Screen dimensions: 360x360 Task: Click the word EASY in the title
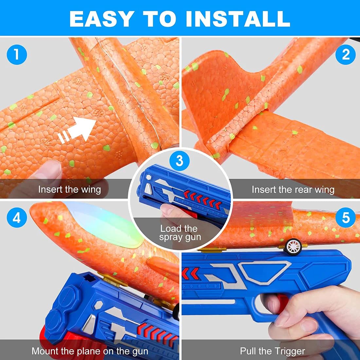(x=102, y=19)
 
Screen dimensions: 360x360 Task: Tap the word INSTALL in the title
(x=238, y=19)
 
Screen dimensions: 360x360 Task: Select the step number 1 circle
(x=17, y=55)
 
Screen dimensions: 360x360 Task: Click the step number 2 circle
(x=346, y=55)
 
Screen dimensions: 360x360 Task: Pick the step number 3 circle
(x=180, y=161)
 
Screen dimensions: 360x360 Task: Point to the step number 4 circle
(x=17, y=218)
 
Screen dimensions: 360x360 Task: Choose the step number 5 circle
(x=346, y=218)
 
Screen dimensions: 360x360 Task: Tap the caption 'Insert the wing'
(x=70, y=189)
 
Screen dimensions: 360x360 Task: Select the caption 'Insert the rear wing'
(x=293, y=189)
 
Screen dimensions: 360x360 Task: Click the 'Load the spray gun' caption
(x=180, y=233)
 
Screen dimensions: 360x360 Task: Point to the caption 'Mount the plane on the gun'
(x=90, y=351)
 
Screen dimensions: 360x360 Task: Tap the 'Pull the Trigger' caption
(x=273, y=351)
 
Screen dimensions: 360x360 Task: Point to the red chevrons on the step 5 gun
(x=190, y=273)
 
